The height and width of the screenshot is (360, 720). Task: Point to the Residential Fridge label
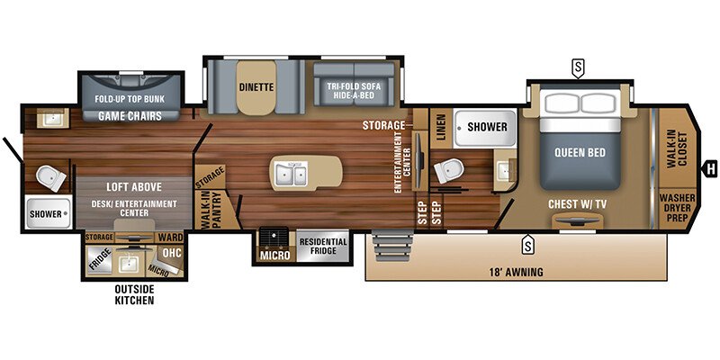317,246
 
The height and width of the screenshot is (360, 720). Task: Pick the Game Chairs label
130,115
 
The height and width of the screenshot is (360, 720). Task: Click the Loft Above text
130,186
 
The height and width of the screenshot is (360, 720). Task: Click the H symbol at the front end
711,166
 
